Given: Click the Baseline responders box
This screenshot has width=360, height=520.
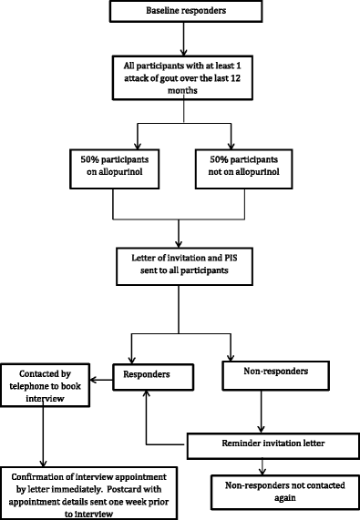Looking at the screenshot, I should [x=185, y=11].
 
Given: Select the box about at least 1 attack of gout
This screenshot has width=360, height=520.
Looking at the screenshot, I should [x=185, y=79].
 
